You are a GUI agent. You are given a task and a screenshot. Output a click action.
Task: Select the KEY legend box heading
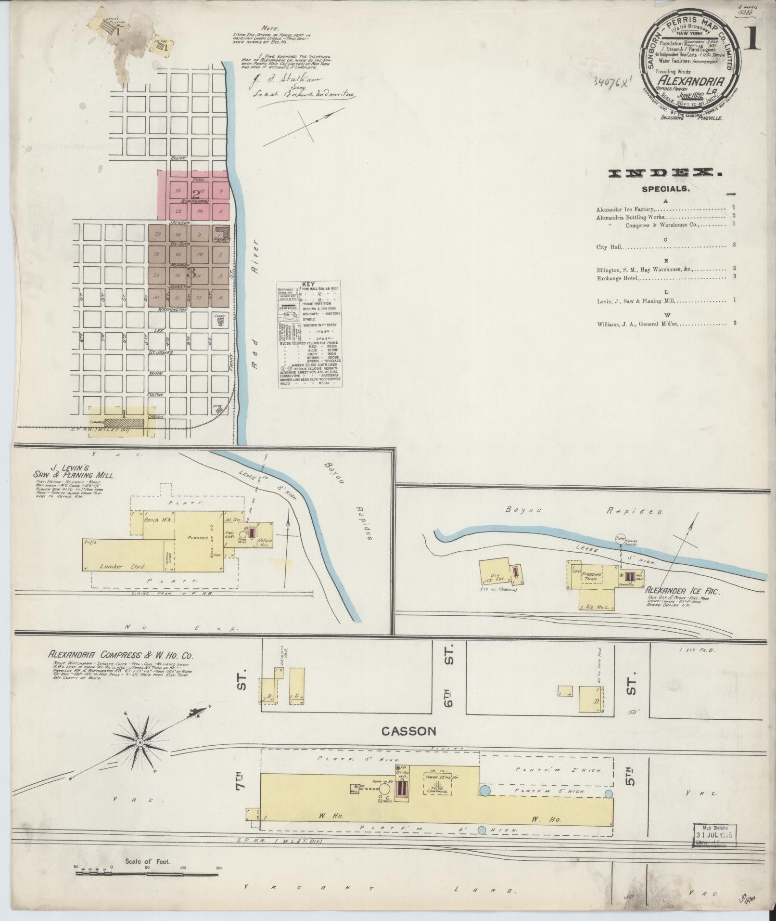[x=309, y=284]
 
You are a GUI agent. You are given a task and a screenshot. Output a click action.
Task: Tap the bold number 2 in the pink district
[x=195, y=195]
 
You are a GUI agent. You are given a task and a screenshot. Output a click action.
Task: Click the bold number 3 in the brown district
[x=191, y=273]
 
